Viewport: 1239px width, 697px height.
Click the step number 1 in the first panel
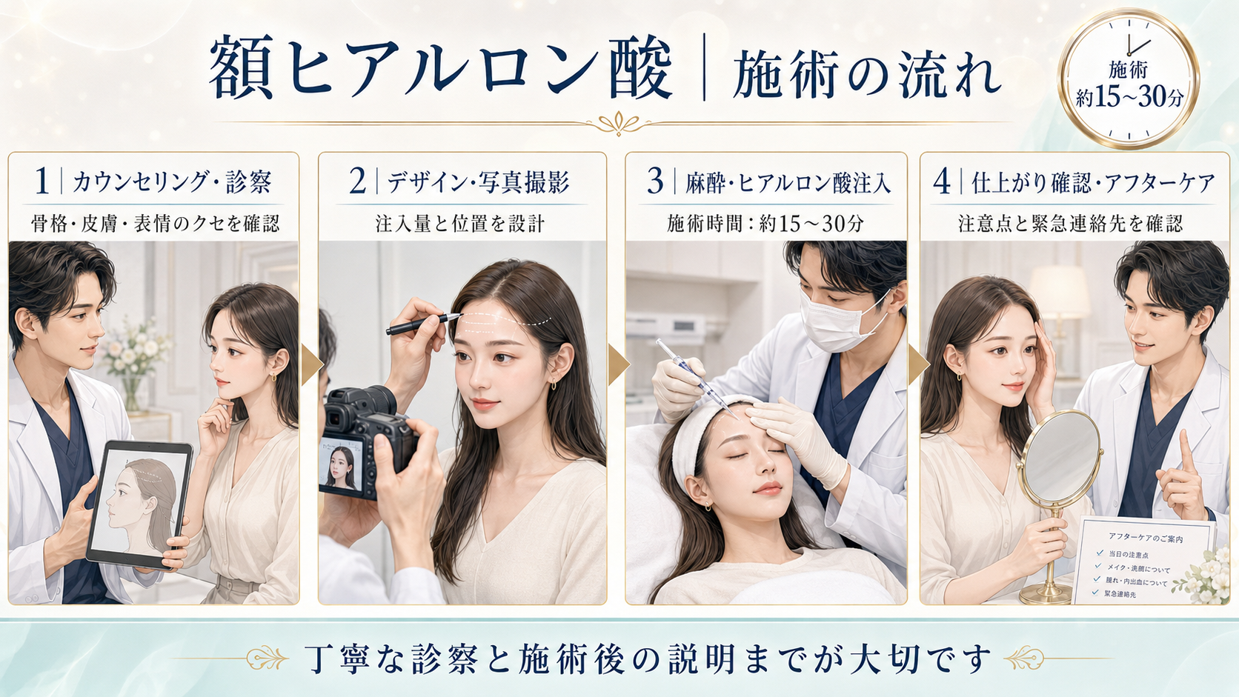41,181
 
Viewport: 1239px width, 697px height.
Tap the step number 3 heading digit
655,181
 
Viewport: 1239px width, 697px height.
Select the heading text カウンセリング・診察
172,182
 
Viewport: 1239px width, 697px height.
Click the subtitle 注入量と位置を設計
460,223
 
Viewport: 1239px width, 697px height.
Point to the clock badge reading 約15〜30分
1129,79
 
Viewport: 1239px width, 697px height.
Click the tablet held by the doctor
139,504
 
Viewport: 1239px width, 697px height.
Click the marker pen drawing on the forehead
423,324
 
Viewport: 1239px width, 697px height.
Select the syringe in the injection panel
697,379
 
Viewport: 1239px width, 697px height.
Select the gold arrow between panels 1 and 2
312,365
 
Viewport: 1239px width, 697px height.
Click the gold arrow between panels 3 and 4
919,365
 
